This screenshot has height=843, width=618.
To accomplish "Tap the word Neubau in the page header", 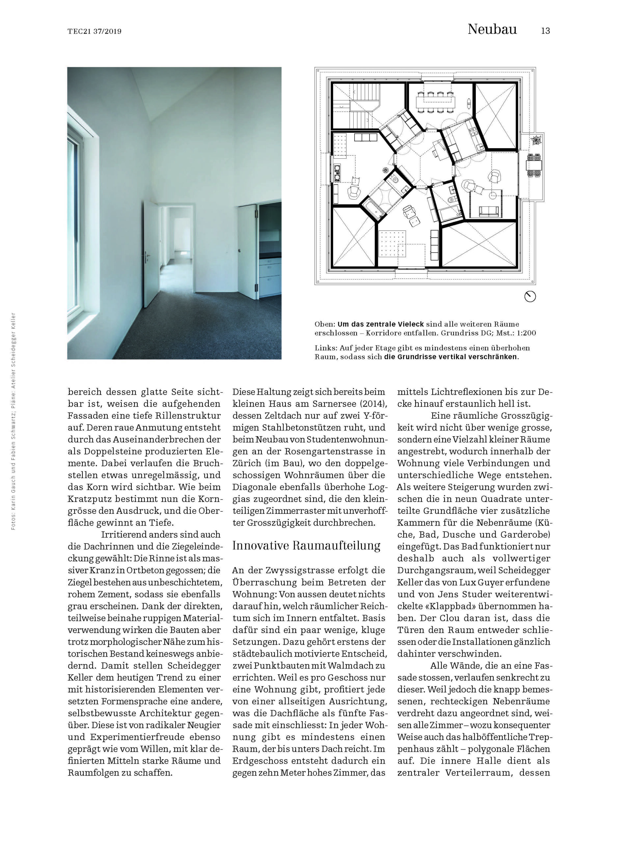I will click(492, 30).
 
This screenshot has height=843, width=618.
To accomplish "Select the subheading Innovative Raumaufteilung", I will click(306, 546).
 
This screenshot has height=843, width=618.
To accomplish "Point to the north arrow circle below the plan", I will click(530, 297).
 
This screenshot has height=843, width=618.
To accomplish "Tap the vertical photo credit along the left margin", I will click(13, 421).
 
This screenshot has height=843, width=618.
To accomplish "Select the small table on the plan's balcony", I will click(534, 165).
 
